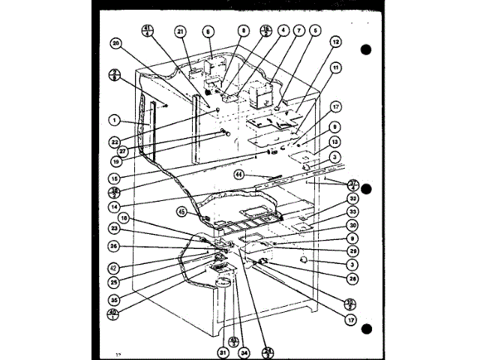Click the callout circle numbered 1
(112, 119)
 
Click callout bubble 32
(352, 199)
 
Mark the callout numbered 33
(352, 212)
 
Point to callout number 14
(112, 205)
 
